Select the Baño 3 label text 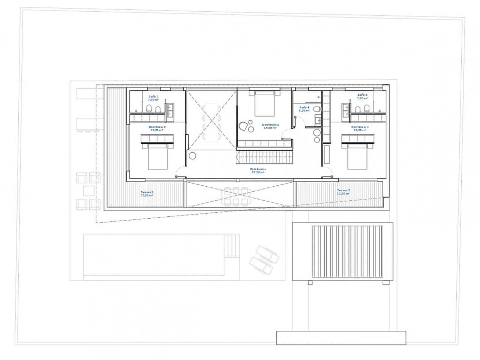(x=153, y=98)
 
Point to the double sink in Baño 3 (x=171, y=111)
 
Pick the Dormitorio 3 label (x=270, y=126)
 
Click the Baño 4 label (x=304, y=109)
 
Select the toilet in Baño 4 (x=317, y=109)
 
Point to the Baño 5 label (x=362, y=96)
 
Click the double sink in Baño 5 (x=346, y=111)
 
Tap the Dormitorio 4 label (x=360, y=129)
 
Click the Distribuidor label (x=258, y=171)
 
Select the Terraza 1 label (x=147, y=193)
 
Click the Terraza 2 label (x=343, y=192)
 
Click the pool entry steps (x=232, y=246)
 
